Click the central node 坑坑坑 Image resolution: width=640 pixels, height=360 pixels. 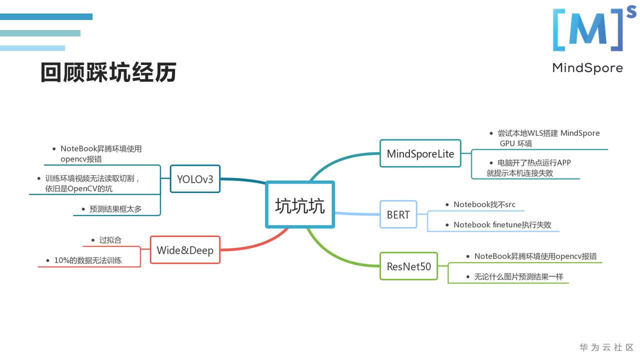(299, 205)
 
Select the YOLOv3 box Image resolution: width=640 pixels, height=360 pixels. (195, 178)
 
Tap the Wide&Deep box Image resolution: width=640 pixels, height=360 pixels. (185, 250)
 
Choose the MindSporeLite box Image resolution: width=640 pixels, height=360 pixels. (420, 153)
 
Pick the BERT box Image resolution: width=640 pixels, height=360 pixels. (398, 214)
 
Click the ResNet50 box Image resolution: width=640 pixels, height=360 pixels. (408, 266)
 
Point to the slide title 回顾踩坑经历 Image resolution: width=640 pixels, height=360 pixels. (108, 73)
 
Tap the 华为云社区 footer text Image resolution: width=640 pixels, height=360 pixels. (606, 347)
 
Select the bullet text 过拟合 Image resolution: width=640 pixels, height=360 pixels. (110, 240)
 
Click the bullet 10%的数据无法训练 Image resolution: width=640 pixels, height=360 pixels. (88, 260)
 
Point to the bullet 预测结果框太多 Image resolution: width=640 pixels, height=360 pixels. (115, 209)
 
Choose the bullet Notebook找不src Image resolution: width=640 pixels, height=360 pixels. (484, 204)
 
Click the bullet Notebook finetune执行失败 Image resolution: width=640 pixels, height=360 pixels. (502, 225)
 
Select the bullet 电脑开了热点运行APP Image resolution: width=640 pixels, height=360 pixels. (534, 163)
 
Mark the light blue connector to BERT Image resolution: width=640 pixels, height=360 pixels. (357, 214)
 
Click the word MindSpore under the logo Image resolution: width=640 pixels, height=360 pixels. (587, 68)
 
